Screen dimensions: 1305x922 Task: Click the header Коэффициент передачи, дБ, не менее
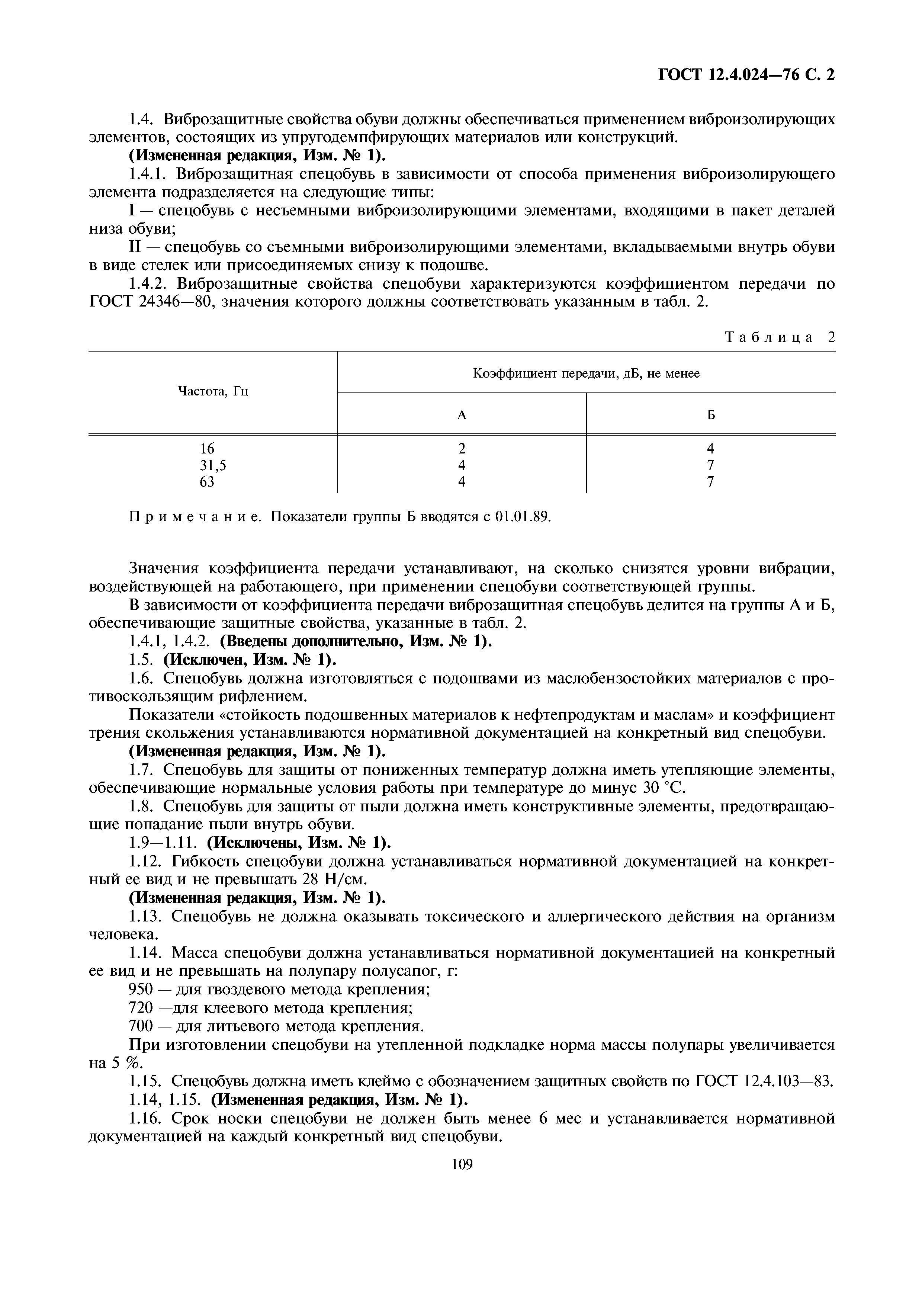586,373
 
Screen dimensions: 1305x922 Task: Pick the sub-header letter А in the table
462,415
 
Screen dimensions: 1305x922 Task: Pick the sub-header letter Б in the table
711,415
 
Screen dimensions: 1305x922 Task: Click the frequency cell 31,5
213,465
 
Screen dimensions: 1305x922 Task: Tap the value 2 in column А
462,448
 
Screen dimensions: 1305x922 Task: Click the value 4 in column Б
711,448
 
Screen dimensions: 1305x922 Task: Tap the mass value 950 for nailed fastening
141,990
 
